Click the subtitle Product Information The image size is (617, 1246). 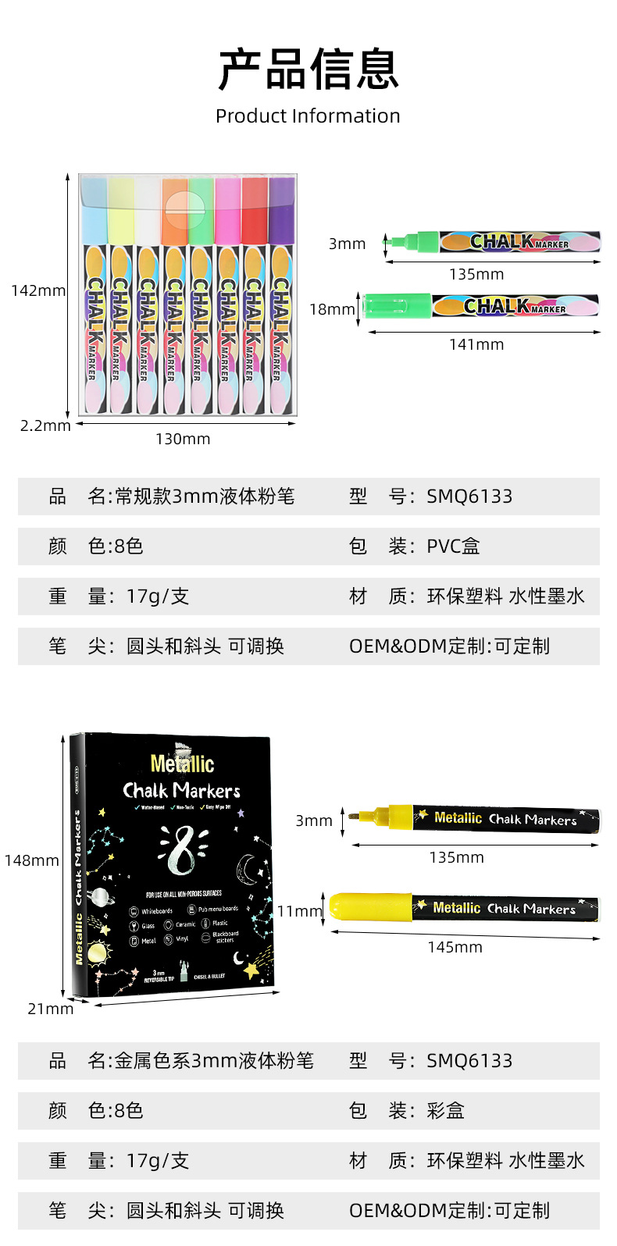(x=308, y=116)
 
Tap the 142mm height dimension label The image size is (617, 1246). (x=38, y=290)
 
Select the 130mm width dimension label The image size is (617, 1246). (x=183, y=439)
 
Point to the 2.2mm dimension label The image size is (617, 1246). (x=45, y=425)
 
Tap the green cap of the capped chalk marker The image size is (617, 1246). (x=398, y=304)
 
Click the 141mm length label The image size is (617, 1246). (x=476, y=344)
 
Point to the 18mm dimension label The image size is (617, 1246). (x=332, y=309)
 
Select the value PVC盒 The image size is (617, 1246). (x=453, y=546)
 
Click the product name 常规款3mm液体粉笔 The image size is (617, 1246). (x=205, y=497)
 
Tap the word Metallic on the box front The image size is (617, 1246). (x=182, y=764)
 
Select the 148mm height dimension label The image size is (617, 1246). (x=31, y=860)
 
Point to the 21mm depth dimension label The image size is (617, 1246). (x=51, y=1009)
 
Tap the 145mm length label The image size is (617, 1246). (x=455, y=947)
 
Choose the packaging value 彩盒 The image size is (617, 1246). (x=445, y=1111)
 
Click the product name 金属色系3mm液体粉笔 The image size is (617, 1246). (x=214, y=1061)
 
